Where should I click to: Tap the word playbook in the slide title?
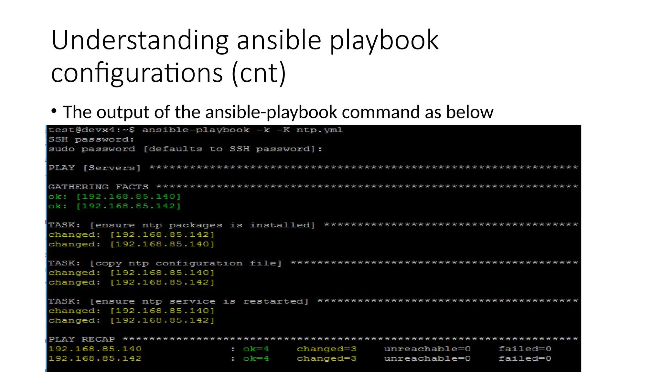384,40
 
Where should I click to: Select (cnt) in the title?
259,73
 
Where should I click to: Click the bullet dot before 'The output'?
54,111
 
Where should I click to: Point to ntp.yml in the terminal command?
319,130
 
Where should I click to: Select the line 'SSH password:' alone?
91,139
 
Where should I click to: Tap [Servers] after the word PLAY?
112,168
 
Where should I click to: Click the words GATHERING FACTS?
98,187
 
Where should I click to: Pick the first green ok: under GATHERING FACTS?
58,196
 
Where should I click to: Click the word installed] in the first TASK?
282,225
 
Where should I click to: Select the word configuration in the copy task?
199,263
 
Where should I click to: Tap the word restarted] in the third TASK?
276,301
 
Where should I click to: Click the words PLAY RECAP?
82,339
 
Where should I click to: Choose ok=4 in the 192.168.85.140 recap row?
256,349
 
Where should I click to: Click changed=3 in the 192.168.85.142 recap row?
326,358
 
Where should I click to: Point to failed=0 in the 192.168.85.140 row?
525,349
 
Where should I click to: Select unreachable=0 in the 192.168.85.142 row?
427,358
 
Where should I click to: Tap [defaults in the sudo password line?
173,149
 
